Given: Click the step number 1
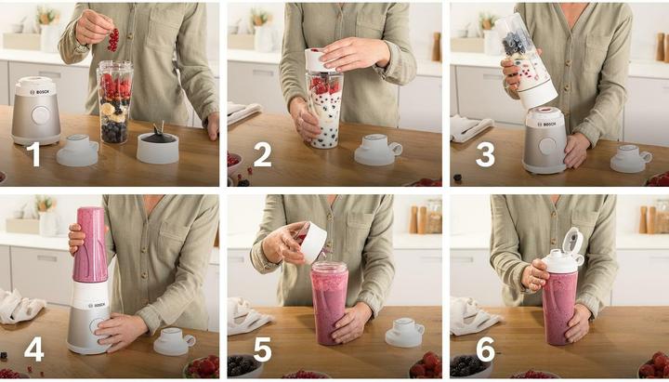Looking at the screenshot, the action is coord(33,154).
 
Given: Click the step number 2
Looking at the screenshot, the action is coord(262,154).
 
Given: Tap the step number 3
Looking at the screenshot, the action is coord(485,154).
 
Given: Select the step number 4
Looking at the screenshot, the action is coord(34,349).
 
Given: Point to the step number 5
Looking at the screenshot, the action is coord(262,349).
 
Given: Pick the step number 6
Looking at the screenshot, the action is coord(486,349).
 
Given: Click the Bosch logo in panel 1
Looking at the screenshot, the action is coord(39,92).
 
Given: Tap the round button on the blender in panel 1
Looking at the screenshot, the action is coord(41,115).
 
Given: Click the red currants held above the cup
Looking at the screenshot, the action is coord(113,40).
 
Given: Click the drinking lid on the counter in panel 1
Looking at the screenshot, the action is coord(78,150).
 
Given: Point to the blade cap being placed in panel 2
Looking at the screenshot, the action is coord(319,60).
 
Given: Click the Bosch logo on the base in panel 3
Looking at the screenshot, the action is coord(546,125).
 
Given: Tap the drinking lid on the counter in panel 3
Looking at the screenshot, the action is coord(631,158).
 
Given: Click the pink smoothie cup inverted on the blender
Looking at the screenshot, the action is coord(90,244).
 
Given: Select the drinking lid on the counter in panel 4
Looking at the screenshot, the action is coord(174,341).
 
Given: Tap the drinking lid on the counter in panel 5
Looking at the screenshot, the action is coord(404,332).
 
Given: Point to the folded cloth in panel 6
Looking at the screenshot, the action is coord(474,316).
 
